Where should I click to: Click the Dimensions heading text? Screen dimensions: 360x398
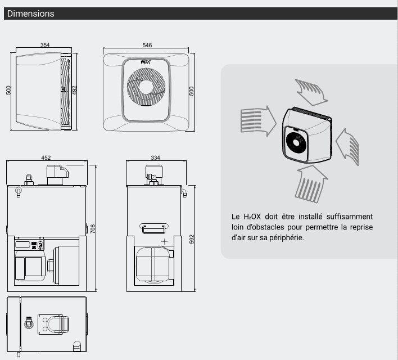pos(30,13)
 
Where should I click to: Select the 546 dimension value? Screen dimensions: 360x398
pos(147,45)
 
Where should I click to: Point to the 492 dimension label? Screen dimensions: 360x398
pos(74,90)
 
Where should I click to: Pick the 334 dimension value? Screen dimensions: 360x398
pos(156,157)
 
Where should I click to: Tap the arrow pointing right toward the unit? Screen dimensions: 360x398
pos(257,119)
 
